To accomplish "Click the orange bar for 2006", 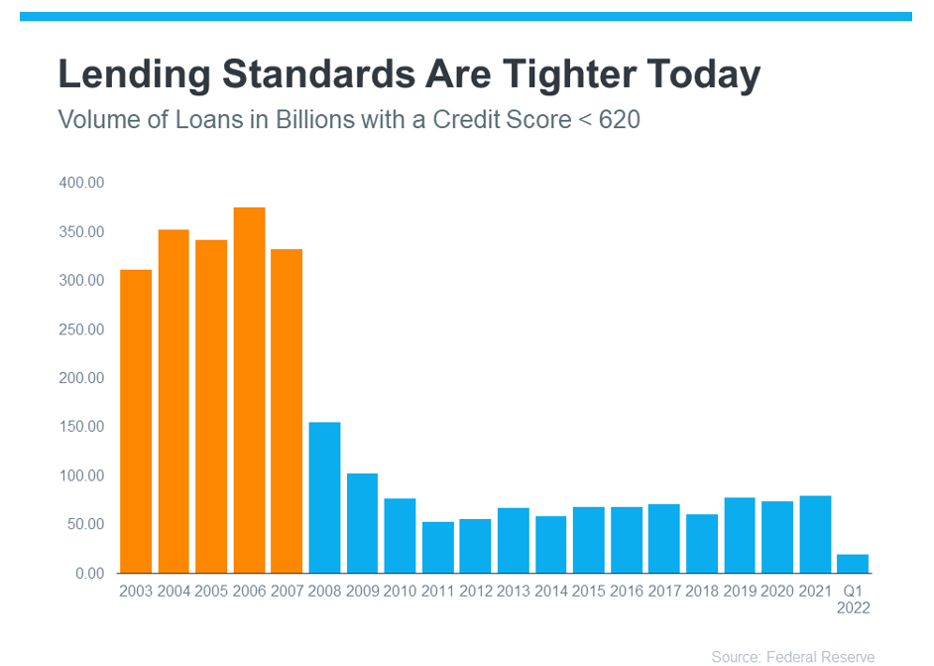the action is pos(249,390).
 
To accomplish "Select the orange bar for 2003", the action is pos(136,422).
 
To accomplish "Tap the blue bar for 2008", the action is pos(324,498).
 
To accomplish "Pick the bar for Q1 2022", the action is pos(853,564).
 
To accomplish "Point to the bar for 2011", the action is pos(438,547).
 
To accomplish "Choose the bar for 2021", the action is pos(815,534).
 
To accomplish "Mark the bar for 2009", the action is pos(362,523).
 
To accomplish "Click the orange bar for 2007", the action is pos(287,411).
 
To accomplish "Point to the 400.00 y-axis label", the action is pos(81,183).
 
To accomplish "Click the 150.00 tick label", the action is pos(81,427).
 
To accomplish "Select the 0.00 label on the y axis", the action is pos(90,573).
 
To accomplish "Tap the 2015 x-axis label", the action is pos(589,591).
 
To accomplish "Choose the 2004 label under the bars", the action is pos(174,591).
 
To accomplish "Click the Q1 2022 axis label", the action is pos(853,599).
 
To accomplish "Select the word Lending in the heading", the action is pos(135,75).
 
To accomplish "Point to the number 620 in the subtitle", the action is pos(620,120).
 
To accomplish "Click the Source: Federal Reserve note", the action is pos(793,657).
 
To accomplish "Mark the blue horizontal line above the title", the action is pos(466,17).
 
